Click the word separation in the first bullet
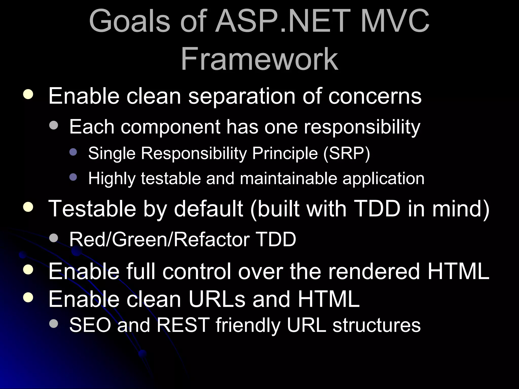(242, 96)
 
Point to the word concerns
(375, 96)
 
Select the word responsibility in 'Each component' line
(362, 127)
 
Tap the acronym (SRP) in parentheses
(346, 153)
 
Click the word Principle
(285, 153)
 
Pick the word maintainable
(289, 179)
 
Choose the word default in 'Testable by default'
(208, 209)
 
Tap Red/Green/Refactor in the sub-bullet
(159, 239)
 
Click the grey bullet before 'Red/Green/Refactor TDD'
(54, 238)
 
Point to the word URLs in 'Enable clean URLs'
(217, 299)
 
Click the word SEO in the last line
(90, 325)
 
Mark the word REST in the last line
(183, 325)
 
